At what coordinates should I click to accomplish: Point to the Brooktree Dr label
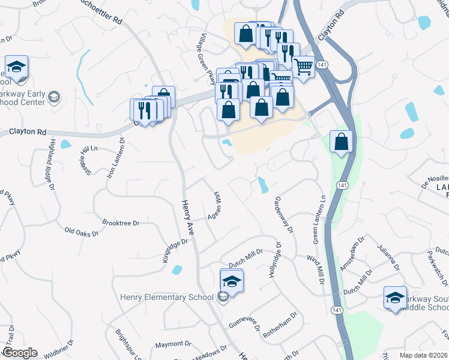click(x=120, y=223)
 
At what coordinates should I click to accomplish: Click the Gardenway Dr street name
click(x=283, y=214)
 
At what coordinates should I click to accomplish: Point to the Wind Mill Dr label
click(x=315, y=269)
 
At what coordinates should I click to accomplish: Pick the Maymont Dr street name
click(x=173, y=344)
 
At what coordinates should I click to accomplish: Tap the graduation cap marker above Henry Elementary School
click(x=232, y=281)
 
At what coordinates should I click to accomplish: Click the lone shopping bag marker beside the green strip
click(x=341, y=143)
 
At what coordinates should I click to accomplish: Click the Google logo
click(x=19, y=353)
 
